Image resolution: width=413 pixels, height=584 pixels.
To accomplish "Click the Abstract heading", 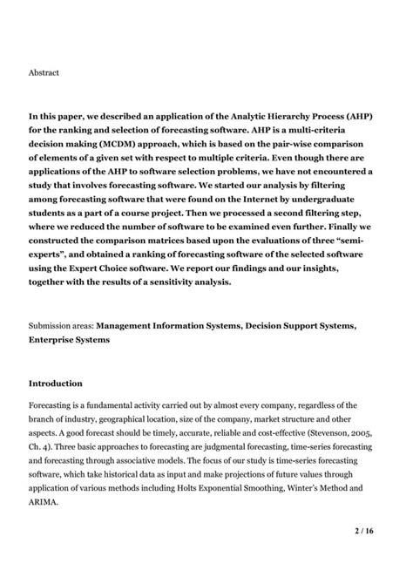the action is click(44, 72).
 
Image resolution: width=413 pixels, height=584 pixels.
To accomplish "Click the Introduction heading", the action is click(56, 383).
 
